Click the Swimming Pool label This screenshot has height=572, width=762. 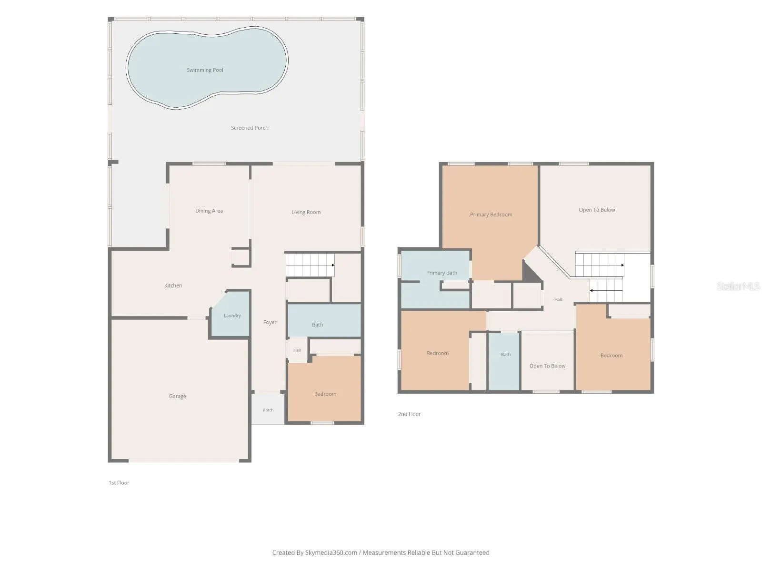click(205, 70)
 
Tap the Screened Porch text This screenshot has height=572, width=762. click(250, 128)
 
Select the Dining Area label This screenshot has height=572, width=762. click(209, 211)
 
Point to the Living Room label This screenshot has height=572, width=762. click(306, 212)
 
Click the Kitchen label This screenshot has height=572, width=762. click(173, 286)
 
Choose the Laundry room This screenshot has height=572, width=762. click(231, 314)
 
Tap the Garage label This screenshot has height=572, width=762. click(177, 396)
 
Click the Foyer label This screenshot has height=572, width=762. click(270, 322)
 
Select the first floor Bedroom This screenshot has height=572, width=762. click(325, 388)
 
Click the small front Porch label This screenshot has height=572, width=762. click(268, 410)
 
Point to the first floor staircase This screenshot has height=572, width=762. click(310, 265)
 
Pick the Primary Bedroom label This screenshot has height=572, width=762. click(491, 214)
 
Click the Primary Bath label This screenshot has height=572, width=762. click(441, 273)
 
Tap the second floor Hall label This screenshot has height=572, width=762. click(558, 299)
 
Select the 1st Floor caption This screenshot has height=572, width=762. click(119, 483)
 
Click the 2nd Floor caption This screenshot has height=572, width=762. click(409, 414)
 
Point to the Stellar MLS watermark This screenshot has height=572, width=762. click(738, 286)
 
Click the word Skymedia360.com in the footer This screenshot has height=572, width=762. click(331, 552)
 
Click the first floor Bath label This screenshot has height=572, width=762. click(317, 325)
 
